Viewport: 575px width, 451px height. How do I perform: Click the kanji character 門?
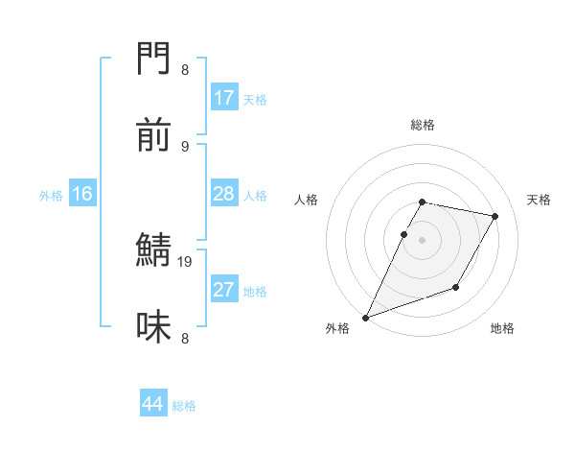tap(154, 60)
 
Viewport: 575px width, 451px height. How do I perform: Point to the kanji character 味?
tap(154, 326)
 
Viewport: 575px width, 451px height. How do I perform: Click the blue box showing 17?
tap(223, 98)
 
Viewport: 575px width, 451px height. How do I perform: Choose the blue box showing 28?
tap(223, 194)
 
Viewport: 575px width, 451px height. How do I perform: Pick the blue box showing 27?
tap(223, 290)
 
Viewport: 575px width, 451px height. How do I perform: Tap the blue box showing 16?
tap(82, 194)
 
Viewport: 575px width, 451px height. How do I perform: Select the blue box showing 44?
tap(153, 404)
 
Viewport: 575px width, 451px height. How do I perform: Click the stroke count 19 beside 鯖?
tap(185, 261)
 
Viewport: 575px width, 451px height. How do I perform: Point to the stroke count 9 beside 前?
tap(185, 146)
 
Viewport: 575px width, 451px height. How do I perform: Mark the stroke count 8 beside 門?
tap(185, 70)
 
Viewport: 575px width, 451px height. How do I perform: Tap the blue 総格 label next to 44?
tap(184, 406)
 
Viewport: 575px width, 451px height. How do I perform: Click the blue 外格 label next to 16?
tap(51, 195)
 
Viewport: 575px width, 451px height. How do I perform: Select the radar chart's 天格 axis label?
tap(539, 200)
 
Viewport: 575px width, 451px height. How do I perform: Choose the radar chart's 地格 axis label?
tap(502, 328)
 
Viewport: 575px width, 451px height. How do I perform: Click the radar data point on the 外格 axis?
tap(365, 318)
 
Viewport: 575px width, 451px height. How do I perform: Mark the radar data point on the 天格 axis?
tap(495, 216)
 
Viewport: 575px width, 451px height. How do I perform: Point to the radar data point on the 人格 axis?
tap(403, 234)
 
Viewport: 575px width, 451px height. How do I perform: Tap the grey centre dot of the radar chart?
tap(422, 240)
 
